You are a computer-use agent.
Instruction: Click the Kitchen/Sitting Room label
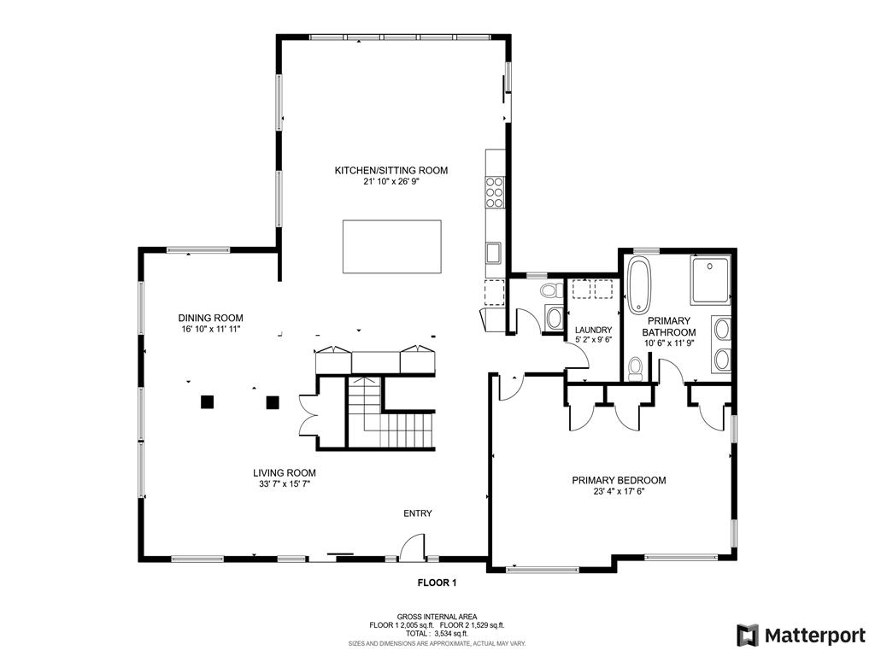pyautogui.click(x=391, y=170)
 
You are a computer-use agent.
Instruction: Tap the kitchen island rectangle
pyautogui.click(x=391, y=247)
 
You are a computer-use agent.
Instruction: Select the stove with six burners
pyautogui.click(x=495, y=191)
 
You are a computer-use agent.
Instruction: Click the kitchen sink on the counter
pyautogui.click(x=493, y=252)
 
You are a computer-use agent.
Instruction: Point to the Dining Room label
pyautogui.click(x=210, y=319)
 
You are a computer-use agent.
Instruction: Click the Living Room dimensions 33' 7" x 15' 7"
pyautogui.click(x=284, y=484)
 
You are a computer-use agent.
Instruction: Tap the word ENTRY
pyautogui.click(x=417, y=513)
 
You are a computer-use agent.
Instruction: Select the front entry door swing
pyautogui.click(x=413, y=546)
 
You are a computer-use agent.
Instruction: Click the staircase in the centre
pyautogui.click(x=391, y=413)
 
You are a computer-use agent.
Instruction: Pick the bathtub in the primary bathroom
pyautogui.click(x=639, y=284)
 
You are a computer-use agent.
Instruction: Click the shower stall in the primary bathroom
pyautogui.click(x=710, y=279)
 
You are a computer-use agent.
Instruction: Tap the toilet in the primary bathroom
pyautogui.click(x=635, y=369)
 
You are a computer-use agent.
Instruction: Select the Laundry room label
pyautogui.click(x=593, y=330)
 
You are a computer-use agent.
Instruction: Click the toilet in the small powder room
pyautogui.click(x=553, y=290)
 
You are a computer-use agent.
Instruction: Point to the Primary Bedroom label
pyautogui.click(x=619, y=480)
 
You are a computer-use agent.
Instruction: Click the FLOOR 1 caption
pyautogui.click(x=437, y=583)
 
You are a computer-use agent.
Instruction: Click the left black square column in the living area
pyautogui.click(x=208, y=401)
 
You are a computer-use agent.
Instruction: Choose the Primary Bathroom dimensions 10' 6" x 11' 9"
pyautogui.click(x=668, y=343)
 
